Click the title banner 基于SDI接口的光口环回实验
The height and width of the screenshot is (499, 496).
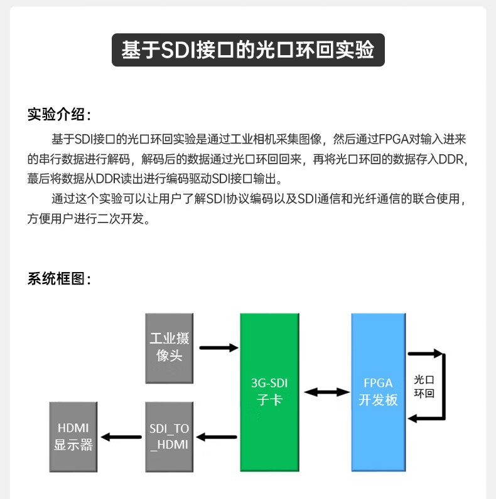[248, 50]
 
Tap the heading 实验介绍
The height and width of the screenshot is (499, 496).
[58, 115]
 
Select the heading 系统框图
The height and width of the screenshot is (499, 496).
[58, 279]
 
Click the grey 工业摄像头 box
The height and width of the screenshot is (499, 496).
[170, 348]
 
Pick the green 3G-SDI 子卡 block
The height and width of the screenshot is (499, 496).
[270, 392]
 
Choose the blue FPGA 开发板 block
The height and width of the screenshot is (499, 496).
[378, 392]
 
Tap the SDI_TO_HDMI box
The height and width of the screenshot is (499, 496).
[170, 437]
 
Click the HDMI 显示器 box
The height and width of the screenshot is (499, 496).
[74, 437]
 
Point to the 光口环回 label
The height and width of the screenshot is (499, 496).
[424, 387]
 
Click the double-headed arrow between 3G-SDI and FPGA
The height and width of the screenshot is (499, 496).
[326, 392]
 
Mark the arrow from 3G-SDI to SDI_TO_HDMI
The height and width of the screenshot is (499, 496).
[218, 437]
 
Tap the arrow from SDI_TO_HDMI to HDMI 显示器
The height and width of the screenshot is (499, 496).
[122, 437]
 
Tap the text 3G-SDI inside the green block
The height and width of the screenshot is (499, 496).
[270, 383]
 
